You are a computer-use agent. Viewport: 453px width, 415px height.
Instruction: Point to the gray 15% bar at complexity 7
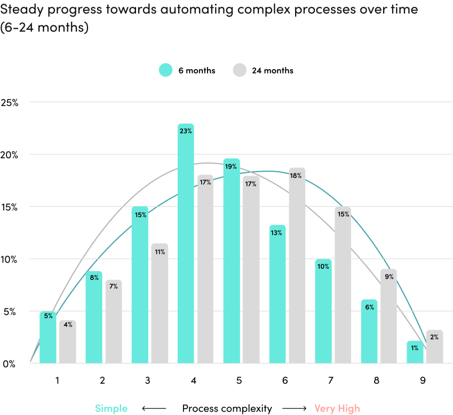coord(343,285)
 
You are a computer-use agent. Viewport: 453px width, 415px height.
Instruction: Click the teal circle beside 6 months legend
coord(165,70)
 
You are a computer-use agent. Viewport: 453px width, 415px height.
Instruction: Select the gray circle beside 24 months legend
coord(240,70)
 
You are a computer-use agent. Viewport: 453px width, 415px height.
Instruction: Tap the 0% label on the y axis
coord(9,364)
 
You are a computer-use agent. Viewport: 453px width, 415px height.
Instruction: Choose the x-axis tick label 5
coord(240,380)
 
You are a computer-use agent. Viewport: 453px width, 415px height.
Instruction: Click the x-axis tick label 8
coord(377,380)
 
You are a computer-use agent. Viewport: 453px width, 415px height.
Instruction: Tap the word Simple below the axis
coord(111,409)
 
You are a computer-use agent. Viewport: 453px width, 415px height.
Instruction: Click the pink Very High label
coord(337,409)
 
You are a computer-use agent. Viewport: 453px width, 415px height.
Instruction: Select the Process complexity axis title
coord(227,409)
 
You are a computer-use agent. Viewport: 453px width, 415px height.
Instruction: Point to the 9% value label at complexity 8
coord(388,276)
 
